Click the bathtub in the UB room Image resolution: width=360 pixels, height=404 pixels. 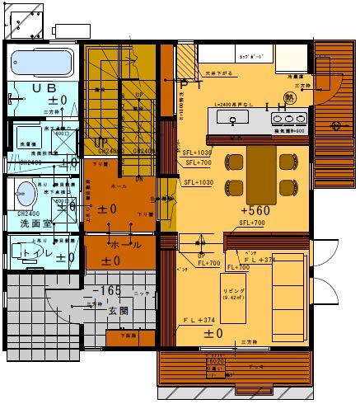pos(42,63)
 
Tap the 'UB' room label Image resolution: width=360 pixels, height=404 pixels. pos(40,87)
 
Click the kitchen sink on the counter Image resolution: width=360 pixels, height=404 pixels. pos(234,120)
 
